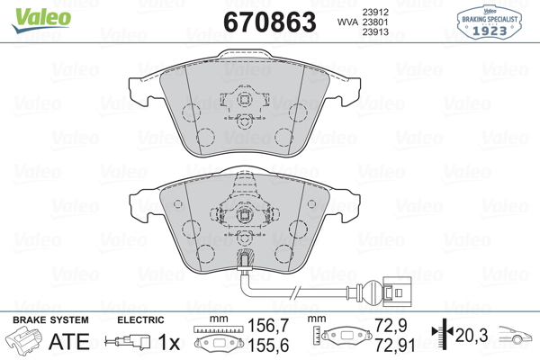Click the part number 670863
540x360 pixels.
[x=270, y=22]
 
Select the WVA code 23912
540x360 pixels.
[x=375, y=12]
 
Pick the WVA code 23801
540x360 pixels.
[x=375, y=22]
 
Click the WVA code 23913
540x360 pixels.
[x=375, y=32]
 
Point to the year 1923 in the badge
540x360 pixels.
[x=490, y=31]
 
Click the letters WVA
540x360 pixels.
[x=347, y=22]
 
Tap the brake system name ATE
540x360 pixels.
[x=69, y=341]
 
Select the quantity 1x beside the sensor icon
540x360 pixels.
[x=169, y=342]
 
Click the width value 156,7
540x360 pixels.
[x=268, y=326]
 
